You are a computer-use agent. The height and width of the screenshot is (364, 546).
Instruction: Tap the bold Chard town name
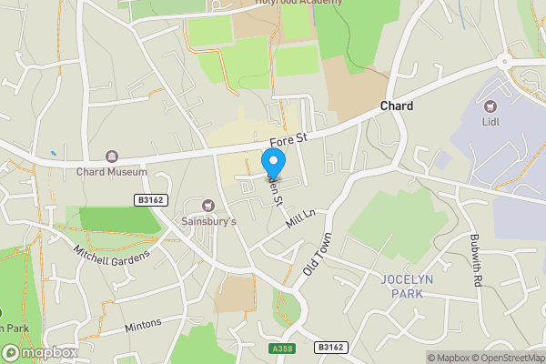396,106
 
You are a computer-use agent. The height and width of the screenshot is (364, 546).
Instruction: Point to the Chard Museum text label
112,171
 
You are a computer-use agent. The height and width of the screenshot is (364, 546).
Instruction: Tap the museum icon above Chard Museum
112,157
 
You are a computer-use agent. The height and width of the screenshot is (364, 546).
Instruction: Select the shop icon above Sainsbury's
208,206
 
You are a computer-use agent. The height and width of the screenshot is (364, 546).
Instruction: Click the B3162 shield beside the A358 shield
331,347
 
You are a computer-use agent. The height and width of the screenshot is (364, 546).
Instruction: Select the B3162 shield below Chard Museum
152,200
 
